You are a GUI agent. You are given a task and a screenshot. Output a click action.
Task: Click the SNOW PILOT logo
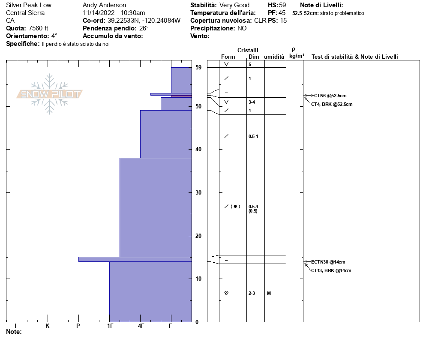click(x=49, y=94)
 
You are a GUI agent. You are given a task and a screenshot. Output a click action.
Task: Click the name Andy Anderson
click(x=104, y=5)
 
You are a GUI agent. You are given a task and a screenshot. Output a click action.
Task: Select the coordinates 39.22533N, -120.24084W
click(x=144, y=21)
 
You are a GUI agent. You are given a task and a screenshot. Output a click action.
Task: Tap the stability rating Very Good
click(x=234, y=5)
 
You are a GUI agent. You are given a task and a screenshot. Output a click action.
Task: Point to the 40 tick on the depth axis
click(x=198, y=149)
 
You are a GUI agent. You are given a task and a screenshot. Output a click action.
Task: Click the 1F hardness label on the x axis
click(x=110, y=326)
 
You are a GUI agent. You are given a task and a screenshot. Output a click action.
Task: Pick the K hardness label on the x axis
click(x=48, y=326)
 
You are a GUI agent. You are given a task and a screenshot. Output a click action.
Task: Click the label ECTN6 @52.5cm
click(x=329, y=96)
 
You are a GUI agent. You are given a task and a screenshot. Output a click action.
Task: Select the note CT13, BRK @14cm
click(x=331, y=270)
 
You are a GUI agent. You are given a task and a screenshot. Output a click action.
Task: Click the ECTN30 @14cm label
click(x=328, y=262)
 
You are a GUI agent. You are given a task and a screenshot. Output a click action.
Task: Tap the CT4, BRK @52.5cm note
click(x=332, y=104)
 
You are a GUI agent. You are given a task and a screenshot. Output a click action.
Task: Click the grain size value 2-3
click(x=252, y=293)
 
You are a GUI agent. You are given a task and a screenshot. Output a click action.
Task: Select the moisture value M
click(x=269, y=293)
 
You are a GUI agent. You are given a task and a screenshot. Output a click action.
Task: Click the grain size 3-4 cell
click(x=252, y=102)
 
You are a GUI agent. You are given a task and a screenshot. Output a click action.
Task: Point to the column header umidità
click(x=274, y=57)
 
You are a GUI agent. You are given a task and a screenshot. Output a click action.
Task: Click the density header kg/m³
click(x=297, y=56)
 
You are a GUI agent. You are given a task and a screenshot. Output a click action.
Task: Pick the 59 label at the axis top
click(x=198, y=67)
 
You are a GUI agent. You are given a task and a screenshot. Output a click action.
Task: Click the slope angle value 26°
click(x=144, y=28)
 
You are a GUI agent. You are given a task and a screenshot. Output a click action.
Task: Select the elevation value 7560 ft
click(x=39, y=28)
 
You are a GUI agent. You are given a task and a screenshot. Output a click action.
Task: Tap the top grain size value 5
click(x=250, y=64)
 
